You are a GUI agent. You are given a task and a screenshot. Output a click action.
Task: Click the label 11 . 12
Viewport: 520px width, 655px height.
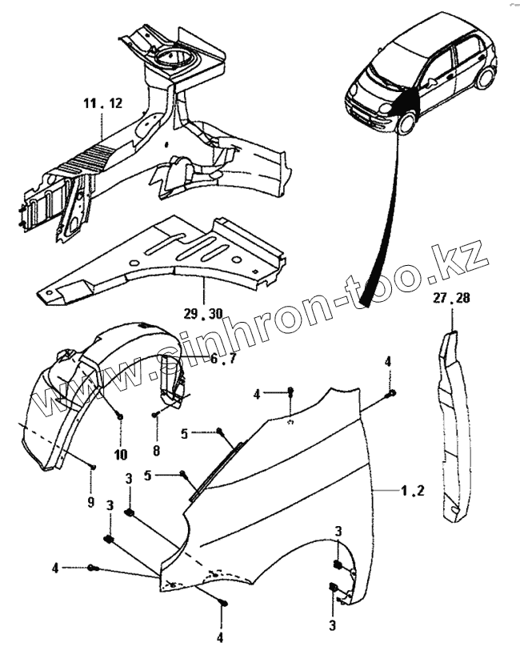(103, 103)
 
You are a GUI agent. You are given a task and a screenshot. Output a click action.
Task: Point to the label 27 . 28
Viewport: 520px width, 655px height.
(452, 299)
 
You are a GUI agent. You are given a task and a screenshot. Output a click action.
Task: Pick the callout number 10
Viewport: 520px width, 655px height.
(120, 454)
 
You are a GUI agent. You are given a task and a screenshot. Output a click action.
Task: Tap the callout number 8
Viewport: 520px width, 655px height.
(156, 450)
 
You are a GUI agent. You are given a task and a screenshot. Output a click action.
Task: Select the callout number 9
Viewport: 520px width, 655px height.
(90, 502)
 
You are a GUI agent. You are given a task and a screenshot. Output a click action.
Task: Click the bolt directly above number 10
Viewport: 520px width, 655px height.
(119, 416)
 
